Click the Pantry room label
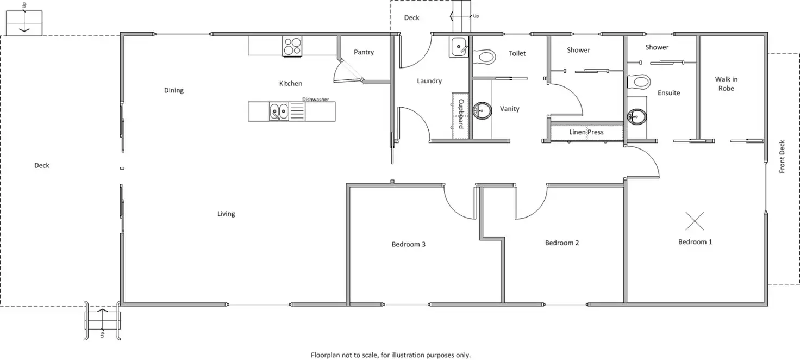coord(364,52)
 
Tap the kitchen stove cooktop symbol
coord(292,46)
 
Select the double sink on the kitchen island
coord(279,111)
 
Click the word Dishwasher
coord(316,99)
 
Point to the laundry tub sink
coord(459,47)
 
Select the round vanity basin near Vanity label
coord(481,110)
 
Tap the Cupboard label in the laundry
coord(461,113)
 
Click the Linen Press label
coord(586,132)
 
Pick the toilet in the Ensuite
coord(640,82)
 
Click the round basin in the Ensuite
coord(636,116)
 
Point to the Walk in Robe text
coord(726,84)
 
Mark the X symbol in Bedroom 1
coord(695,221)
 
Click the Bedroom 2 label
coord(562,243)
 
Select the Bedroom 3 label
coord(408,244)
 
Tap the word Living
coord(226,214)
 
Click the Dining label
coord(174,90)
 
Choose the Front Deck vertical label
coord(782,157)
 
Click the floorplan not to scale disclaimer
coord(390,355)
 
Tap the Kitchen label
coord(290,83)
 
